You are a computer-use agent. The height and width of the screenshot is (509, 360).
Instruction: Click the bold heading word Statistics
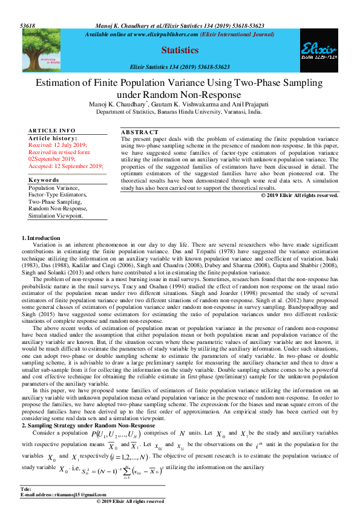tap(179, 50)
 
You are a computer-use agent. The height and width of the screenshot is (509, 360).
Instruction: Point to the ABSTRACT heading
tap(140, 132)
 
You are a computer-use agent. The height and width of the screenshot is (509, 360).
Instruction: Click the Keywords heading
tap(44, 180)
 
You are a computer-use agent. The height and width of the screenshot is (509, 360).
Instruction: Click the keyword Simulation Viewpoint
tap(56, 215)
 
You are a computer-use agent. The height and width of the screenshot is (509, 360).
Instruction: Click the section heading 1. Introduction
tap(41, 238)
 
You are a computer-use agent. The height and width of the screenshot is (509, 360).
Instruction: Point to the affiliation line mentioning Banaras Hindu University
tap(180, 112)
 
